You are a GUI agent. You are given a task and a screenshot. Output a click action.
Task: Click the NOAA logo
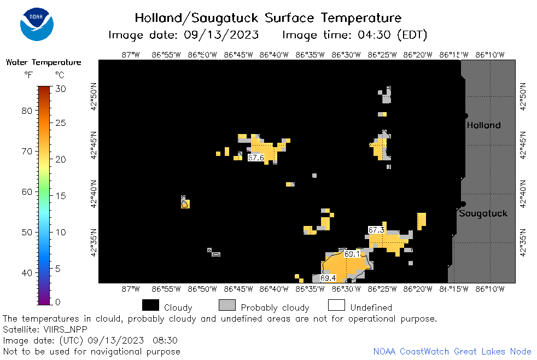point(37,24)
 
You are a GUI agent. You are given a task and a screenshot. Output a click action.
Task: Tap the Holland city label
point(483,125)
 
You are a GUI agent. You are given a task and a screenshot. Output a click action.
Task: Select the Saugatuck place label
point(483,213)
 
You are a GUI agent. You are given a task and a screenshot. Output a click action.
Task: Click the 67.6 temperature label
point(256,158)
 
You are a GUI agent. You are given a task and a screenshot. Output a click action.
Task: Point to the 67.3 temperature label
point(376,230)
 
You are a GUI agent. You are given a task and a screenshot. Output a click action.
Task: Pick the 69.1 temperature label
point(352,254)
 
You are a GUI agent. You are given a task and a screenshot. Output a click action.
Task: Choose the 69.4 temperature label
point(328,278)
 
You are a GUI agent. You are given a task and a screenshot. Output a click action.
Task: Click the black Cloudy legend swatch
point(150,305)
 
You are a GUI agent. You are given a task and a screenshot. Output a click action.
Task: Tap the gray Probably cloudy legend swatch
point(227,305)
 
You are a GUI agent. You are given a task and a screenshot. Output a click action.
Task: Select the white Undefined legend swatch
point(336,305)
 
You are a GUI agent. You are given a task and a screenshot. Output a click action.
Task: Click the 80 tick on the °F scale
point(27,111)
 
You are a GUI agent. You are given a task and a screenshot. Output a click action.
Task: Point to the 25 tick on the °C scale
point(61,123)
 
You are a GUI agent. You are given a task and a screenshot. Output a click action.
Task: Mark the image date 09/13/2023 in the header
point(221,34)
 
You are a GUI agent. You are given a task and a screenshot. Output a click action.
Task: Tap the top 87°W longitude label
point(131,55)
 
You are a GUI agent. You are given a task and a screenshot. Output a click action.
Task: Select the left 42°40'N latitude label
point(94,194)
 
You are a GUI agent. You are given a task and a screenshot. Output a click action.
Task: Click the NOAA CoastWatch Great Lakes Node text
point(452,351)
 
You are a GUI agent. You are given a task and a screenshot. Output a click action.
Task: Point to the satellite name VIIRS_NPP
point(65,329)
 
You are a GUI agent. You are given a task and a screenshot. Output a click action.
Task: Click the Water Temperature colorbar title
point(44,62)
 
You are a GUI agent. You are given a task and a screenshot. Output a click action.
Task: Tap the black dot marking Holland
point(465,116)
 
